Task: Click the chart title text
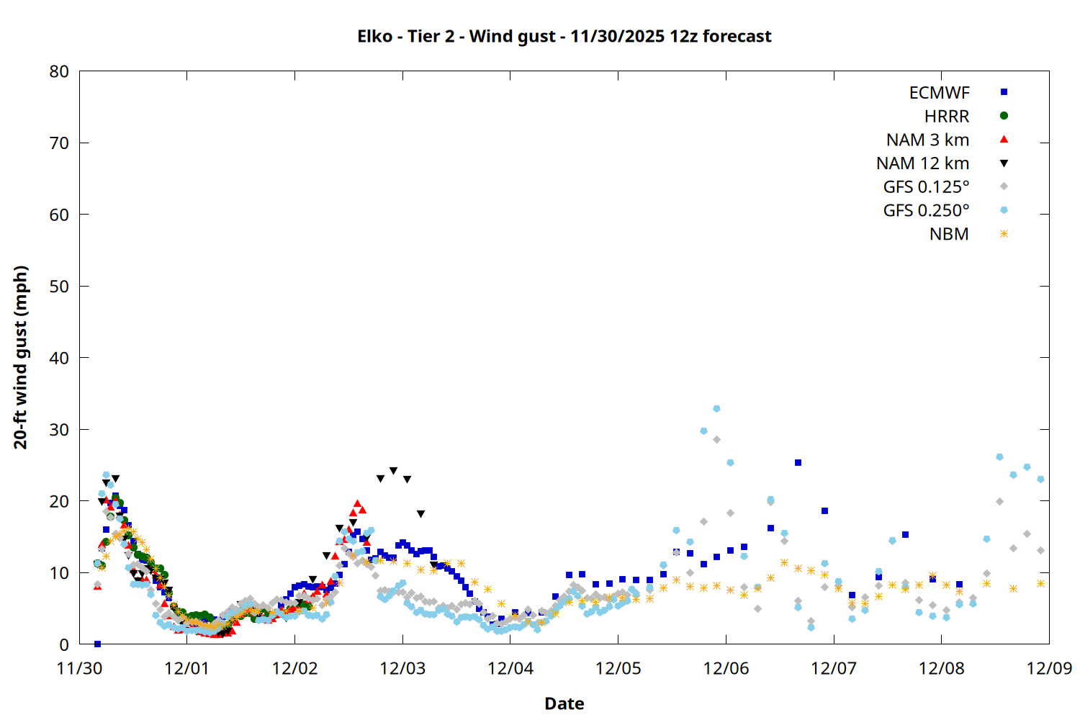click(x=564, y=36)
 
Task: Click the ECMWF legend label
click(x=939, y=93)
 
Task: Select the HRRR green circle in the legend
click(x=1004, y=116)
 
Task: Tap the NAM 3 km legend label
click(x=927, y=140)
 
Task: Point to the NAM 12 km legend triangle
click(x=1004, y=163)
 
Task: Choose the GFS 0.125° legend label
click(x=926, y=187)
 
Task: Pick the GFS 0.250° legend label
click(x=926, y=211)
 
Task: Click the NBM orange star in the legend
click(x=1004, y=234)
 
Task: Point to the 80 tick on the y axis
click(x=60, y=71)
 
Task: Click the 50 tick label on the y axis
click(x=60, y=287)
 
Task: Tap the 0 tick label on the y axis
click(x=65, y=644)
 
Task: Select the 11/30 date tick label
click(x=79, y=668)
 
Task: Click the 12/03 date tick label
click(x=402, y=668)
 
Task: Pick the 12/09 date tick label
click(x=1049, y=668)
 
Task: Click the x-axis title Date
click(x=564, y=703)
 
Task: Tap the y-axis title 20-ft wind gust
click(x=21, y=357)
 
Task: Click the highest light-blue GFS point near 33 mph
click(x=716, y=409)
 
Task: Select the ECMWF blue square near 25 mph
click(x=798, y=463)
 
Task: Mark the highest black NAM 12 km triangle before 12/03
click(x=393, y=471)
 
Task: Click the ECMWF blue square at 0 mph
click(x=97, y=644)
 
